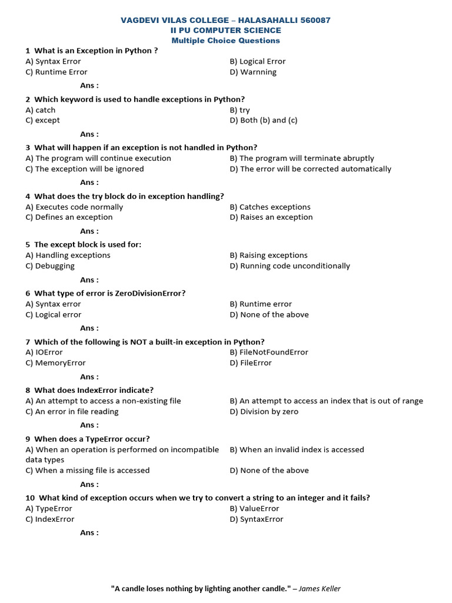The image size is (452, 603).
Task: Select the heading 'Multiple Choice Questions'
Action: [x=225, y=41]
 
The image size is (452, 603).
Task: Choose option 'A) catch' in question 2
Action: [x=41, y=110]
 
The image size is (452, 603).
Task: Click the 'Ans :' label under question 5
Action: [x=89, y=280]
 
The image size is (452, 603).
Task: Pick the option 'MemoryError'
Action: [x=60, y=363]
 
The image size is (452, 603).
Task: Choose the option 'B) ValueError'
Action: [x=254, y=508]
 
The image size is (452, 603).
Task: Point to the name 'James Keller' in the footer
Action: [x=320, y=588]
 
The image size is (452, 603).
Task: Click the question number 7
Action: [x=28, y=342]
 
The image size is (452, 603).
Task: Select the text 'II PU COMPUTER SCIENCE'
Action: [x=226, y=30]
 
